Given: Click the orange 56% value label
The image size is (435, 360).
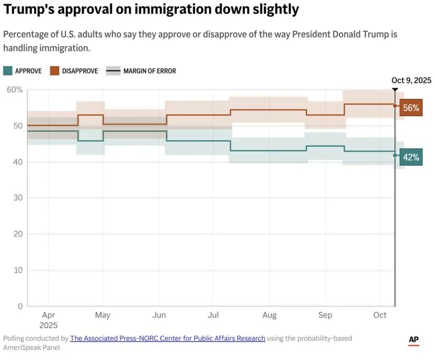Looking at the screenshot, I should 411,108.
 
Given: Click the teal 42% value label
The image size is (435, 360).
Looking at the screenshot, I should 411,157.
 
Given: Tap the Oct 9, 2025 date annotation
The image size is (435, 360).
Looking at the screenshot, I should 411,80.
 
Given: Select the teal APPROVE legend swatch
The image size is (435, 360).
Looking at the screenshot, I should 8,71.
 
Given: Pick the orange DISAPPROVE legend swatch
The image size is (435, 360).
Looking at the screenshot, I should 54,71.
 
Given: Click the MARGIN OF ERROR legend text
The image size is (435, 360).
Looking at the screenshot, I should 149,71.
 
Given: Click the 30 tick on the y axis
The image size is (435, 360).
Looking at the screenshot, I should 18,198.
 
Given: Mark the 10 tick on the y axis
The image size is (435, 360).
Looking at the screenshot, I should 18,270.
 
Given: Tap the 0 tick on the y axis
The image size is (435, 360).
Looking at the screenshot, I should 20,306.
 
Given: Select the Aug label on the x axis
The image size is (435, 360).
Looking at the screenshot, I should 269,315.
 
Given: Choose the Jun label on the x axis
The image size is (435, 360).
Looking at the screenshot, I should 159,315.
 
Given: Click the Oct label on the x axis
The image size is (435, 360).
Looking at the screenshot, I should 380,315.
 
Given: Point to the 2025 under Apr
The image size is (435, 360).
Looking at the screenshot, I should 48,325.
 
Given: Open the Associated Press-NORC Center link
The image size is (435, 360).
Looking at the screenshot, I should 168,338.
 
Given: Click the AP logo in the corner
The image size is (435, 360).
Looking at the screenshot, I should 414,340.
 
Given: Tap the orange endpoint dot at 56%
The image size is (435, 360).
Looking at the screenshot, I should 395,106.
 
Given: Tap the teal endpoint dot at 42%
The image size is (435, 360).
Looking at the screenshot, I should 395,155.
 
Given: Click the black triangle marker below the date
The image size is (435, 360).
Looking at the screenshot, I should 395,90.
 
